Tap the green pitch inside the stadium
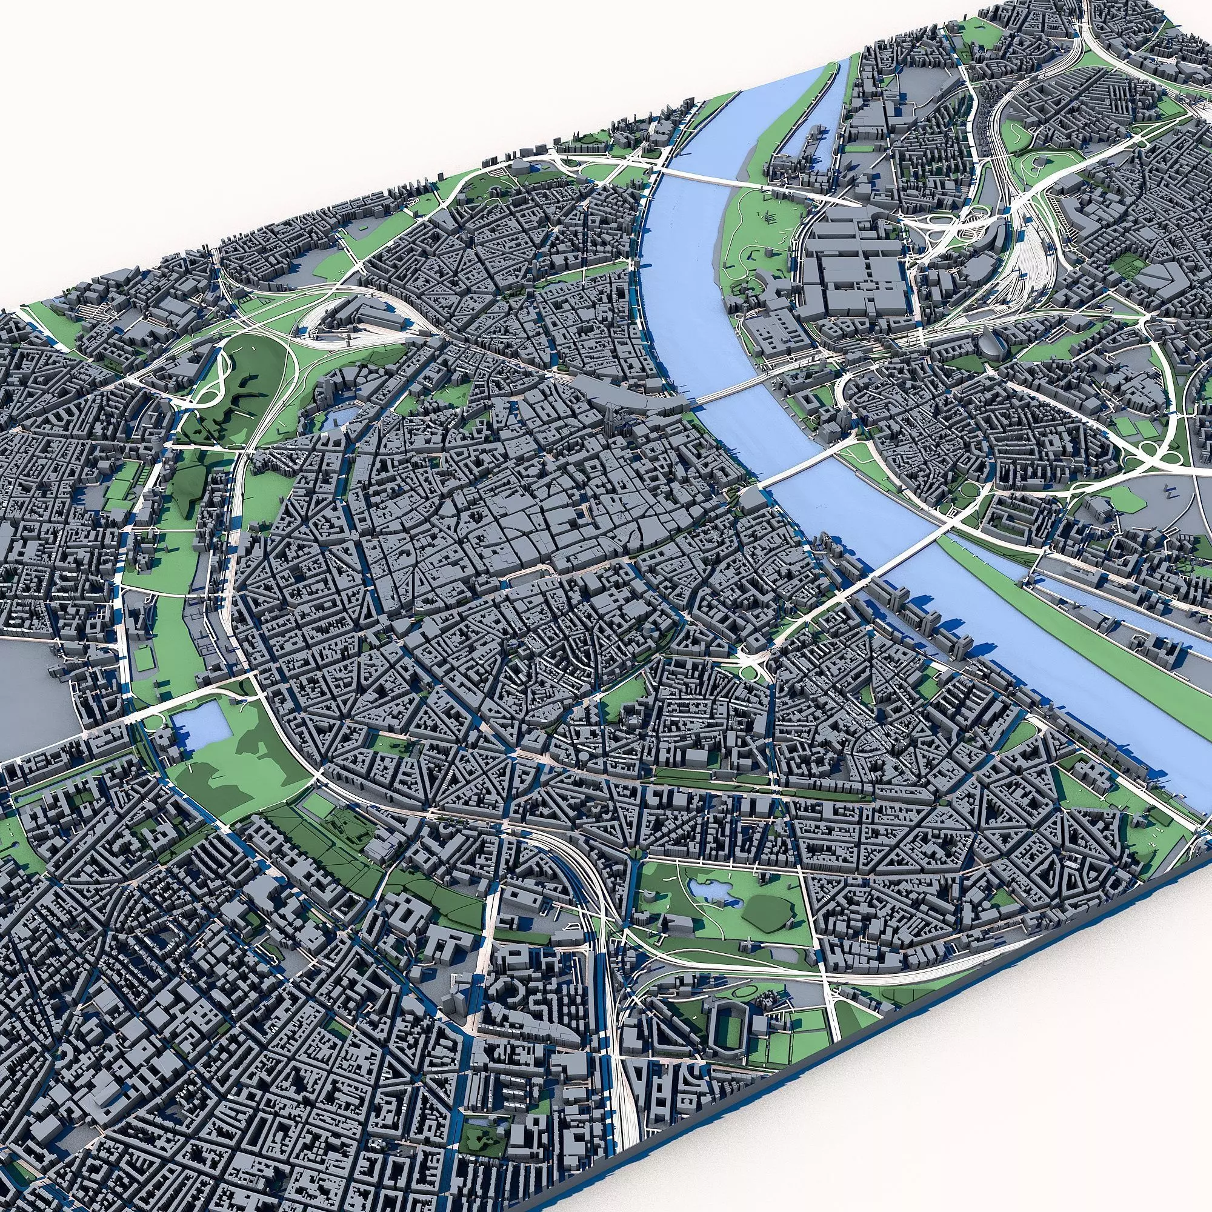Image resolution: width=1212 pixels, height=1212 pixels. (x=728, y=1025)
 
